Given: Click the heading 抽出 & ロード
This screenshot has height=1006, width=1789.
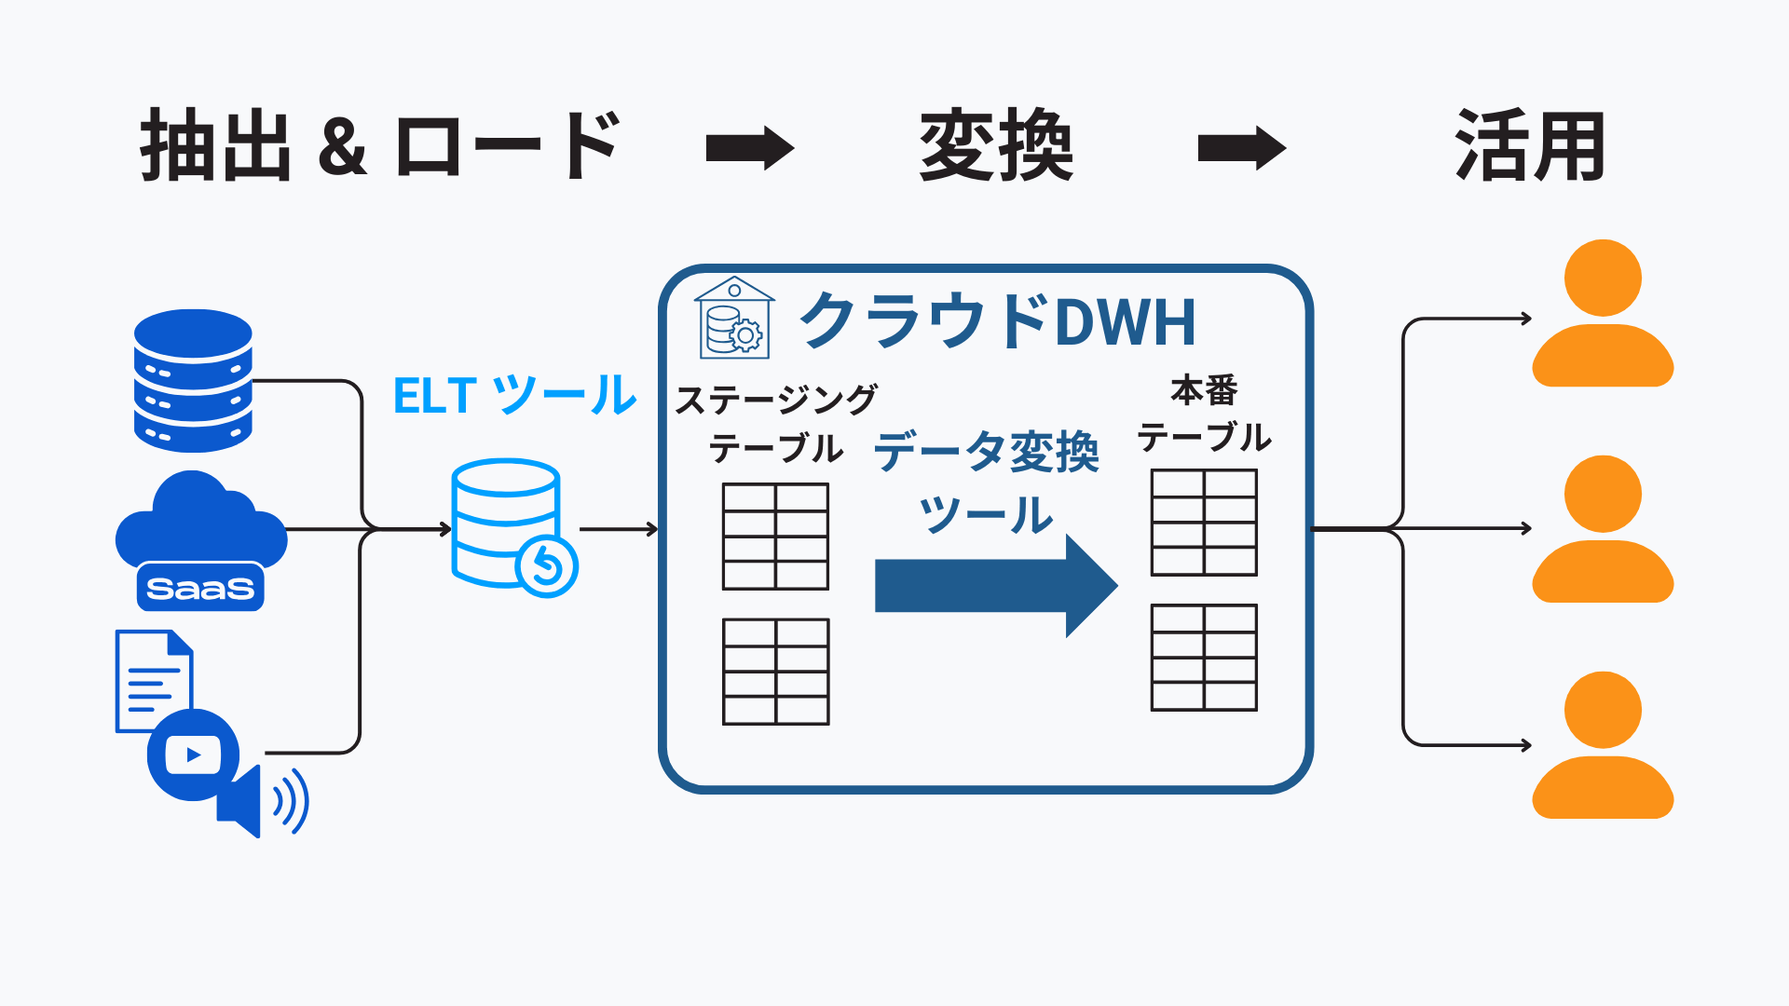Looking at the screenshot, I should [380, 145].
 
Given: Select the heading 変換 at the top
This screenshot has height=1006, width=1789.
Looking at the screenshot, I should [996, 145].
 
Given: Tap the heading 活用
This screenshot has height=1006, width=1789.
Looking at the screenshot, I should [1529, 145].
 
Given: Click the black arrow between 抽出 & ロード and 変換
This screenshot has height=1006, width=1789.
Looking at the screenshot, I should [749, 148].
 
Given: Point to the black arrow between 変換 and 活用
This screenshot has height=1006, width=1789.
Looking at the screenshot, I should [1241, 148].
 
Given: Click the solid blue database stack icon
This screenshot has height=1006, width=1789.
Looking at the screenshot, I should [193, 380].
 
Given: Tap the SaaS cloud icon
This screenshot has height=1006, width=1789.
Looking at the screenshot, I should [200, 540].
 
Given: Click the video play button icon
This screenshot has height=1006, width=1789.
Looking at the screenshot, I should [193, 754].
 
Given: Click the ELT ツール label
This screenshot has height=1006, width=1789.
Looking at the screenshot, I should [514, 395].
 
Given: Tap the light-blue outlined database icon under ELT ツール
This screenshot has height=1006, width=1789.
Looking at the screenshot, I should [512, 526].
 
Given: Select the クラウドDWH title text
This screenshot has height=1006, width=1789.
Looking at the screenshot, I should [997, 321].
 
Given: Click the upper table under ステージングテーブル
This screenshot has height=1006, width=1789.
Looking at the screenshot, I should [775, 537].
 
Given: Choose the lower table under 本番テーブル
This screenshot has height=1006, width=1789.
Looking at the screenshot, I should [1204, 658].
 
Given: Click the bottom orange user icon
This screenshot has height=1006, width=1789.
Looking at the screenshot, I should [1603, 745].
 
